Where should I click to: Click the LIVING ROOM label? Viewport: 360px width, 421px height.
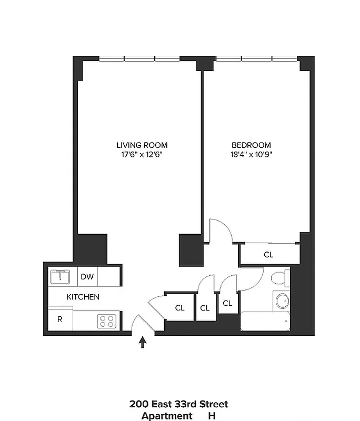142,145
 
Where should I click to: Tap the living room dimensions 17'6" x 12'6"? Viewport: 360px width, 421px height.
142,155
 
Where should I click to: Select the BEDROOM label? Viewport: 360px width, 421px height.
252,145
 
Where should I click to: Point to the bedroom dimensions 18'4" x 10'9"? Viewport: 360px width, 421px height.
252,155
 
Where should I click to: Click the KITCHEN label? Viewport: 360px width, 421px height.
83,297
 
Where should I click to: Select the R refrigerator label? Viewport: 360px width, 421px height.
59,319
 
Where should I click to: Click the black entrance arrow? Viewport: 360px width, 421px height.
142,343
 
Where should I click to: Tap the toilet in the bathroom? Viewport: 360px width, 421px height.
280,278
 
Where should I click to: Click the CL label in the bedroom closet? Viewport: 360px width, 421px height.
268,255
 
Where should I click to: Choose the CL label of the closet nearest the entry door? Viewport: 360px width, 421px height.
179,308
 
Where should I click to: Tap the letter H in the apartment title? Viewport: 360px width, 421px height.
212,416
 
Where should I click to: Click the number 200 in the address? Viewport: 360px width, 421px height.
138,404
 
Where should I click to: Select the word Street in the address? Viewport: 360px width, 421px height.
213,404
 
